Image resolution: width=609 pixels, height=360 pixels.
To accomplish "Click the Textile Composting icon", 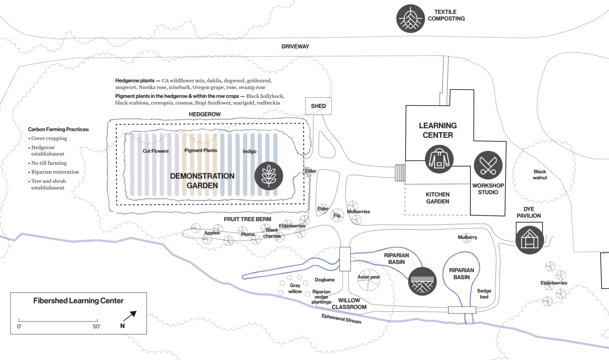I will [x=410, y=19].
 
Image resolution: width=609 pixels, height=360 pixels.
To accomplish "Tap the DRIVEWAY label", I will [x=295, y=46].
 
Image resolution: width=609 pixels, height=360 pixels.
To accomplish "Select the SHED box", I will [x=318, y=106].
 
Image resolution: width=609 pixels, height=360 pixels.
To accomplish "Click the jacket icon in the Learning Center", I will [x=439, y=159].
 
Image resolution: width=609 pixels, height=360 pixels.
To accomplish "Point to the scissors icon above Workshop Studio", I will [x=488, y=165].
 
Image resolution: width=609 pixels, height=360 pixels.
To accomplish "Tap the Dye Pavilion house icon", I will [x=529, y=240].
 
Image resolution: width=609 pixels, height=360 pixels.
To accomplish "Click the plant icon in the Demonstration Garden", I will [x=269, y=176].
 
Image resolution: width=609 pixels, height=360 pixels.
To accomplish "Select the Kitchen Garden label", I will [x=438, y=198].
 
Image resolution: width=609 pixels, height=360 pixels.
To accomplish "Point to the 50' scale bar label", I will [x=96, y=327].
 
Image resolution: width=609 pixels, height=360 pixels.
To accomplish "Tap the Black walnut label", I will [x=540, y=175].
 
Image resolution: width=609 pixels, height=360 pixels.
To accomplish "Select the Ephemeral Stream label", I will [x=341, y=319].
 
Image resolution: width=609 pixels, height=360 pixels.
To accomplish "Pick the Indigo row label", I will [x=249, y=151].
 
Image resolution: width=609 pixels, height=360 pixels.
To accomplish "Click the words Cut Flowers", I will [x=156, y=151].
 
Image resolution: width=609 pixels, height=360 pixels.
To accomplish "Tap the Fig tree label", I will [x=337, y=215].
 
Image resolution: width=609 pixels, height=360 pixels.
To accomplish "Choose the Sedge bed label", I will [x=484, y=294].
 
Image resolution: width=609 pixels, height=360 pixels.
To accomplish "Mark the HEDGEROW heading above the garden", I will [x=205, y=114].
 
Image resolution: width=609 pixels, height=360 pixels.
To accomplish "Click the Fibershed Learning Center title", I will [x=78, y=301].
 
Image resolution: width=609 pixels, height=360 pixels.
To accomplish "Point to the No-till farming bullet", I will [x=49, y=163].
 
